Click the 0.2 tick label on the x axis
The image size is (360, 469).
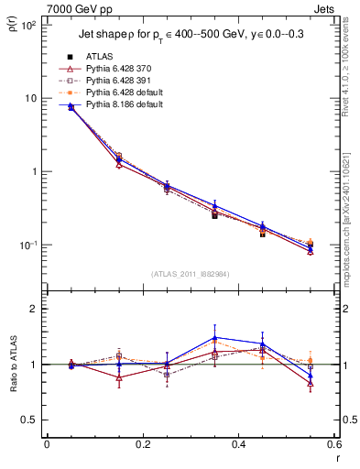(x=142, y=446)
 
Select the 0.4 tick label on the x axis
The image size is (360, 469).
(x=238, y=446)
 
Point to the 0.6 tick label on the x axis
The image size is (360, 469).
(x=333, y=446)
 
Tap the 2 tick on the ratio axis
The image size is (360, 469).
(x=36, y=309)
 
